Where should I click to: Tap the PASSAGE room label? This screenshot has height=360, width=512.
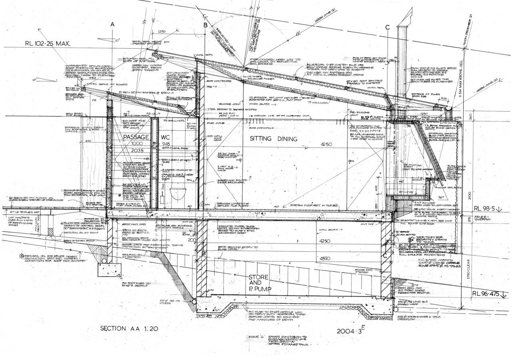click(x=136, y=137)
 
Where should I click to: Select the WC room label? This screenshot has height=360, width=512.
click(x=166, y=137)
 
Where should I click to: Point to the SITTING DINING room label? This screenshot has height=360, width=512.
click(x=274, y=139)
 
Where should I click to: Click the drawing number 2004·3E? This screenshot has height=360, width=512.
click(x=352, y=330)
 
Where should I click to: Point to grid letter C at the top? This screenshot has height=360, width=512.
click(x=387, y=27)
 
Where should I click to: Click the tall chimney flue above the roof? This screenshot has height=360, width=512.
click(x=401, y=60)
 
